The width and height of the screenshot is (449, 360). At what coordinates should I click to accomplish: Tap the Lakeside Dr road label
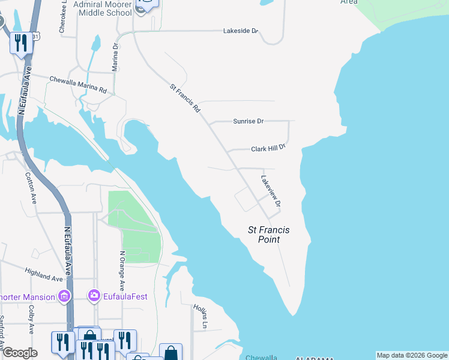pyautogui.click(x=240, y=31)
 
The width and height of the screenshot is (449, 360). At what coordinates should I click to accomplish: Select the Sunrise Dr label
pyautogui.click(x=248, y=121)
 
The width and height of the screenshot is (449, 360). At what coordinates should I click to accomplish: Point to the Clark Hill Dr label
pyautogui.click(x=267, y=148)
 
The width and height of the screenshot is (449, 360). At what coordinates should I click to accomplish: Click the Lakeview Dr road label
pyautogui.click(x=271, y=191)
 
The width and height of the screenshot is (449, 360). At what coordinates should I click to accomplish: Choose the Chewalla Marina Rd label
pyautogui.click(x=78, y=85)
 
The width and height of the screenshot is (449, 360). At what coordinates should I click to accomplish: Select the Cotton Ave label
pyautogui.click(x=31, y=188)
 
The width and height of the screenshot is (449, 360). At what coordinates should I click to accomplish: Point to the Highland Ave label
pyautogui.click(x=44, y=274)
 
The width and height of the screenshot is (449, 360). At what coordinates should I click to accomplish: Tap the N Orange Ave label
pyautogui.click(x=122, y=270)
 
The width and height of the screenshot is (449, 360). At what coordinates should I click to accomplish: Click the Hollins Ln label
pyautogui.click(x=202, y=316)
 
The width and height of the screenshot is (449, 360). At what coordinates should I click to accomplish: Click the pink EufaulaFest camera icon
pyautogui.click(x=94, y=295)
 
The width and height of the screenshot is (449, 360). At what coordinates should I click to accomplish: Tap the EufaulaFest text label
pyautogui.click(x=125, y=296)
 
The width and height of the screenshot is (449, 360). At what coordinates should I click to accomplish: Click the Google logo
pyautogui.click(x=20, y=353)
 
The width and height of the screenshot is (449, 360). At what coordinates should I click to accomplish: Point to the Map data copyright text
pyautogui.click(x=412, y=355)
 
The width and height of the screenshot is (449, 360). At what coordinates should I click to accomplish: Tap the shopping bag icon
pyautogui.click(x=170, y=353)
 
